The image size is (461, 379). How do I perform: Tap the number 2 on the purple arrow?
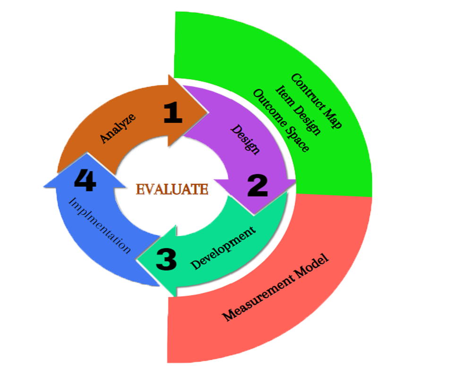point(257,186)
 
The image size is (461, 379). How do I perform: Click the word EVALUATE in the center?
point(172,189)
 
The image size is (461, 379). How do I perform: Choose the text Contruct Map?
point(316,102)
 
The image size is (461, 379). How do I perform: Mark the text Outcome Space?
point(282,120)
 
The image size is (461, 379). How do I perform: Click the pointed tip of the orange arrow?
point(208,112)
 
